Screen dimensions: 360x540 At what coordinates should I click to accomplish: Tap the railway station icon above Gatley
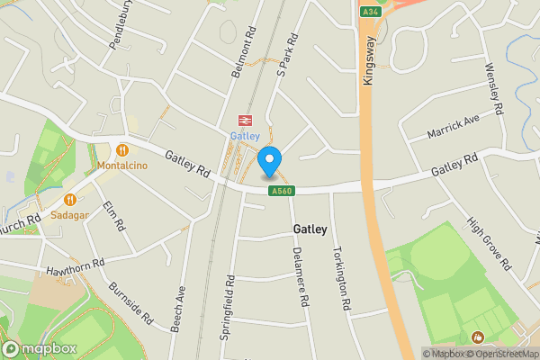[x=244, y=120]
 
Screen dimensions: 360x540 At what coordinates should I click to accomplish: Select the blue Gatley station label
[x=244, y=136]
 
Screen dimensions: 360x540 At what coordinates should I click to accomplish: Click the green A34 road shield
[x=370, y=12]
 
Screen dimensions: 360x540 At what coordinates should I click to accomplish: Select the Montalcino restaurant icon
[x=122, y=149]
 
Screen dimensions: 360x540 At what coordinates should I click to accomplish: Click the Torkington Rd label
[x=339, y=278]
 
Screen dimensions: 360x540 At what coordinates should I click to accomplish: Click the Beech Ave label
[x=180, y=306]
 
